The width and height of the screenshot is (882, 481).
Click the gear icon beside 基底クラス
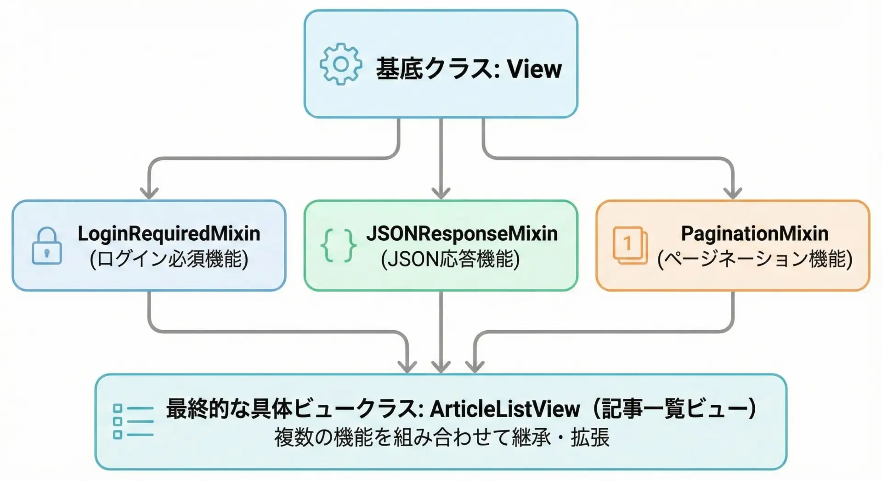coord(340,64)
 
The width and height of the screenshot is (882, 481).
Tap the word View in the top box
coord(534,69)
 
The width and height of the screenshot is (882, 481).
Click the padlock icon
coord(46,246)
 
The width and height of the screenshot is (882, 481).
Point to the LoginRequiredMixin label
coord(169,233)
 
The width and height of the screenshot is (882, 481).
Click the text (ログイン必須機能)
coord(169,259)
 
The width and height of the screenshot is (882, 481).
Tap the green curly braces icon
coord(339,246)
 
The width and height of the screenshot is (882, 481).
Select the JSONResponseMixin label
coord(462,233)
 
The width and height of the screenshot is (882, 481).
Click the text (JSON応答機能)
coord(450,259)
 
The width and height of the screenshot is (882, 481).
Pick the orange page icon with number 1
coord(630,245)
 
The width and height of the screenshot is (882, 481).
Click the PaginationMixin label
coord(754,233)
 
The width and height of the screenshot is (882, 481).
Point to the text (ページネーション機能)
coord(754,259)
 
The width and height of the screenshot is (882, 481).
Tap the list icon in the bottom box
coord(133,421)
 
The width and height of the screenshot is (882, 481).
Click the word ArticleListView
coord(504,409)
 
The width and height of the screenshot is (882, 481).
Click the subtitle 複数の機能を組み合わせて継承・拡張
coord(441,437)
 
